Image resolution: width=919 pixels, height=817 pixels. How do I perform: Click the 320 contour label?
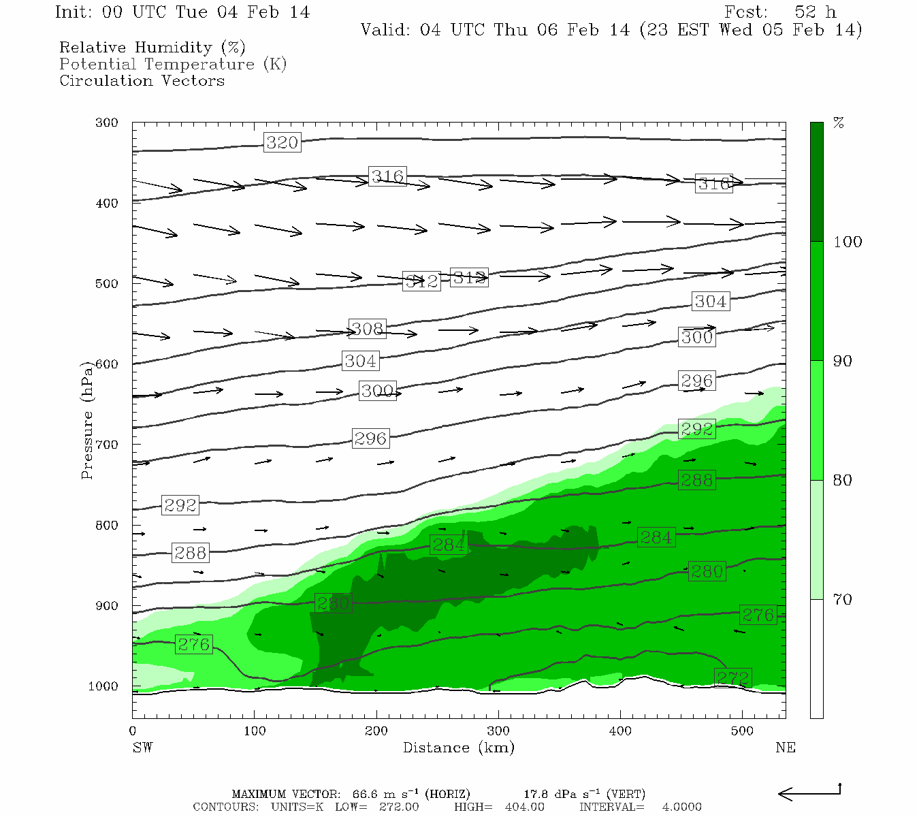pyautogui.click(x=282, y=142)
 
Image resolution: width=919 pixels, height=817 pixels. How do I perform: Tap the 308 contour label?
pyautogui.click(x=368, y=329)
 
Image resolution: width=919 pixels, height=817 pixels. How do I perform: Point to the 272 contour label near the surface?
pyautogui.click(x=733, y=677)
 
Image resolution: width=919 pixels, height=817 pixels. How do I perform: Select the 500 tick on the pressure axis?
pyautogui.click(x=107, y=284)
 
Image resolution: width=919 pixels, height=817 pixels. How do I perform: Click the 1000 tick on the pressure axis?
pyautogui.click(x=103, y=686)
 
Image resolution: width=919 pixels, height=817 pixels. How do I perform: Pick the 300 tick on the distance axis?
pyautogui.click(x=498, y=731)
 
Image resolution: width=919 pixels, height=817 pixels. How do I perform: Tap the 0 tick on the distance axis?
pyautogui.click(x=133, y=731)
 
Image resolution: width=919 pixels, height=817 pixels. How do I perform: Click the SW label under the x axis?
pyautogui.click(x=142, y=748)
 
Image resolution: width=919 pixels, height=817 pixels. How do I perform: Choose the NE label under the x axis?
pyautogui.click(x=785, y=748)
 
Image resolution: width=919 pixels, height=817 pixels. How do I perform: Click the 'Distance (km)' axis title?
pyautogui.click(x=458, y=748)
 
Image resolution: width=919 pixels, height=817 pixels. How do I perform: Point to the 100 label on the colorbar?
pyautogui.click(x=848, y=242)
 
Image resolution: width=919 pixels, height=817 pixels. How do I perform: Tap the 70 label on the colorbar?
pyautogui.click(x=843, y=599)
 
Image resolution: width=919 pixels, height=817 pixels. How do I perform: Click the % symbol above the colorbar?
pyautogui.click(x=839, y=123)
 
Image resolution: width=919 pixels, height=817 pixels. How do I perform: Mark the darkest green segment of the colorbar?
pyautogui.click(x=816, y=182)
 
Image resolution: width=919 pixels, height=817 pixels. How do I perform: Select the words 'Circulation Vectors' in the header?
pyautogui.click(x=142, y=80)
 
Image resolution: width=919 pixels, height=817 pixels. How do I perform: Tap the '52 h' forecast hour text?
pyautogui.click(x=815, y=12)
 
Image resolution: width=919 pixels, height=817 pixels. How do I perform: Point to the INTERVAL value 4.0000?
pyautogui.click(x=681, y=807)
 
